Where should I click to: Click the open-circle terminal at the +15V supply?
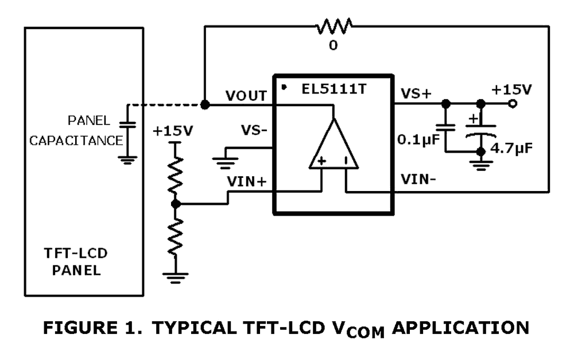tap(513, 104)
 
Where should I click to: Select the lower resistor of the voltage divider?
tap(175, 236)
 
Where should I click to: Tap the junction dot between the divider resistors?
tap(175, 204)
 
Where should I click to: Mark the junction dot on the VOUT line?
tap(205, 104)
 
